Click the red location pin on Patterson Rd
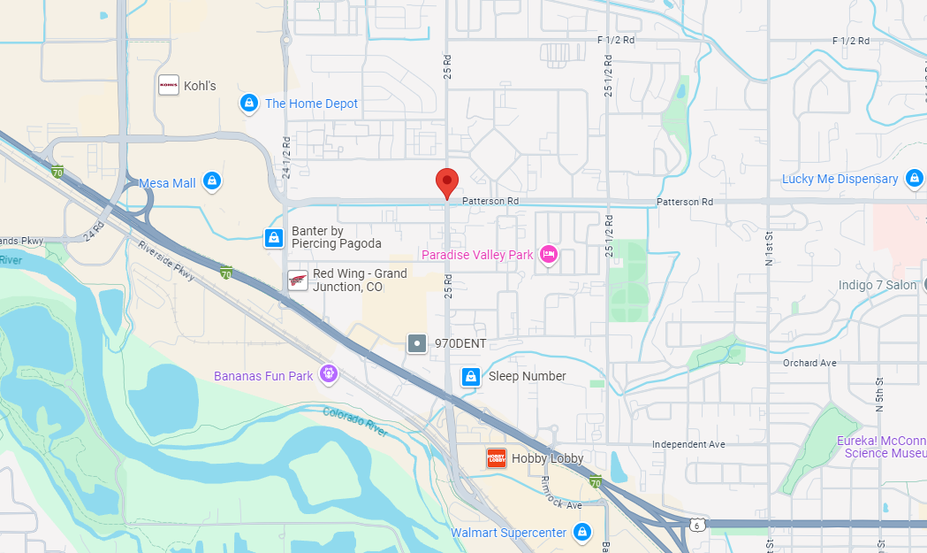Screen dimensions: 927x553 (447, 182)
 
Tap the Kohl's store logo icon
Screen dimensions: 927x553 (168, 85)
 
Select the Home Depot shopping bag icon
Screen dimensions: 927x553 (249, 104)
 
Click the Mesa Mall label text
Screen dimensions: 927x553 (167, 183)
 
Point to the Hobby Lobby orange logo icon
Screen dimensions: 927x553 (496, 458)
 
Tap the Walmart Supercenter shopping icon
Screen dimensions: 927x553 (581, 533)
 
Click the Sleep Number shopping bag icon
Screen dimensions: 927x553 (471, 376)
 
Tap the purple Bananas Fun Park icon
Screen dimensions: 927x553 (329, 375)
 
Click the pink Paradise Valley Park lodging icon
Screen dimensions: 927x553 (548, 255)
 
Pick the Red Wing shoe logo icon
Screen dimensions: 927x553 (298, 280)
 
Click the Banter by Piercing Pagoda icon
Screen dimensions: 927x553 (274, 237)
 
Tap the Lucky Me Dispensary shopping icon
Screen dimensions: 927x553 (915, 179)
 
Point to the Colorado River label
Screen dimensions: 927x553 (354, 421)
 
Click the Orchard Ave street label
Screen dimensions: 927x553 (809, 363)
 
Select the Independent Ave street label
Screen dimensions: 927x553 (688, 444)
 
